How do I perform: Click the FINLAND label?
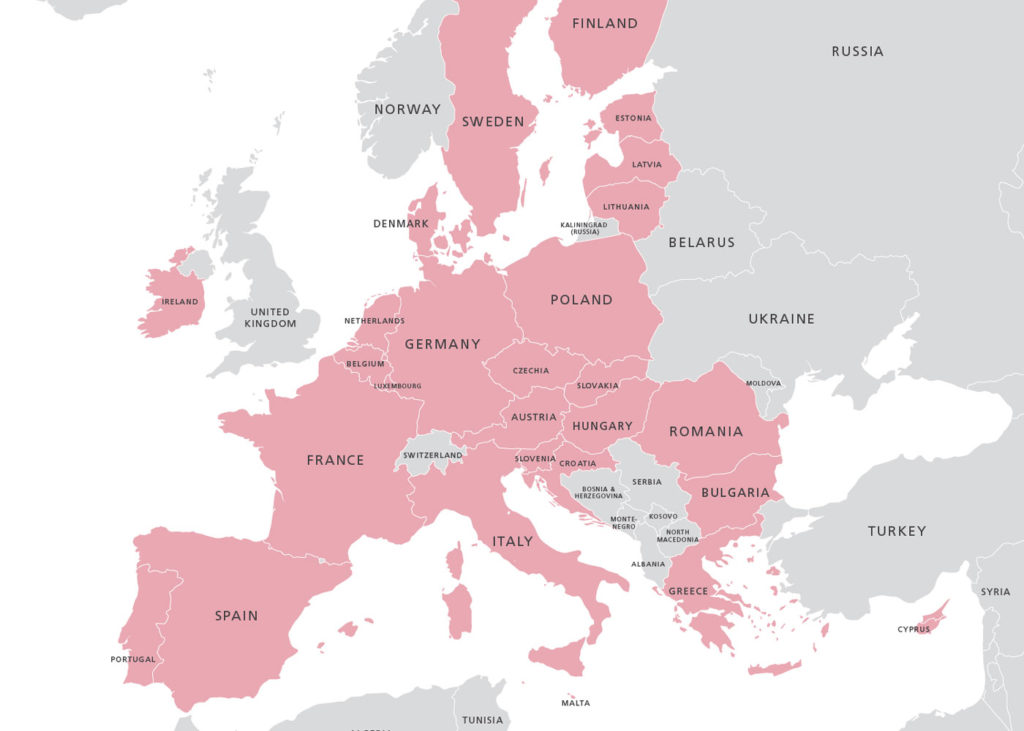[x=605, y=23]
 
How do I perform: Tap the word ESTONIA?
[x=633, y=118]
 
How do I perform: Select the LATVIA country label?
[x=647, y=164]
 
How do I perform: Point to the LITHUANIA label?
[x=626, y=207]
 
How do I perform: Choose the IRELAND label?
[x=180, y=301]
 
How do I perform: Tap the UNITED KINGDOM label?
[x=271, y=318]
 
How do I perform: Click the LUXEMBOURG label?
[x=397, y=386]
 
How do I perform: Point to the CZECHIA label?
[x=531, y=370]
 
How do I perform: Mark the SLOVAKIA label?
[x=597, y=385]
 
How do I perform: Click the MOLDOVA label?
[x=764, y=383]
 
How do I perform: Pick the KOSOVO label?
[x=663, y=516]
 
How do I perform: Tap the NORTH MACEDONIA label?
[x=678, y=535]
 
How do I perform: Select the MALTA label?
[x=575, y=703]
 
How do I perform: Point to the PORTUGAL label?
[x=133, y=659]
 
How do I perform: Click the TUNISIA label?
[x=483, y=720]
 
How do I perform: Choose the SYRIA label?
[x=995, y=592]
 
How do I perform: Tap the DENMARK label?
[x=401, y=223]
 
